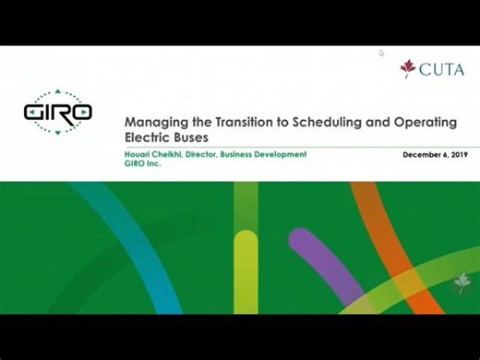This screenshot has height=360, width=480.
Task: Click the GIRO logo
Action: tap(57, 112)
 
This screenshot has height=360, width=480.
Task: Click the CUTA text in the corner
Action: tap(442, 69)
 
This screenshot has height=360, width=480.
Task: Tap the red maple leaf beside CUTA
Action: tap(407, 69)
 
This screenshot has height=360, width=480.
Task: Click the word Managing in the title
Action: tap(152, 121)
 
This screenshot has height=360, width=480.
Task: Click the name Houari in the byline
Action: tap(138, 154)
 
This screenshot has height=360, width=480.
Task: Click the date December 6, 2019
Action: tap(435, 154)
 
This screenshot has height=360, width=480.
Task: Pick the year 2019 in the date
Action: tap(456, 154)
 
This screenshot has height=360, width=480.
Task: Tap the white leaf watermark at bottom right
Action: tap(461, 285)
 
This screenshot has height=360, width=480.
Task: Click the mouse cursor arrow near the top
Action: tap(382, 53)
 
